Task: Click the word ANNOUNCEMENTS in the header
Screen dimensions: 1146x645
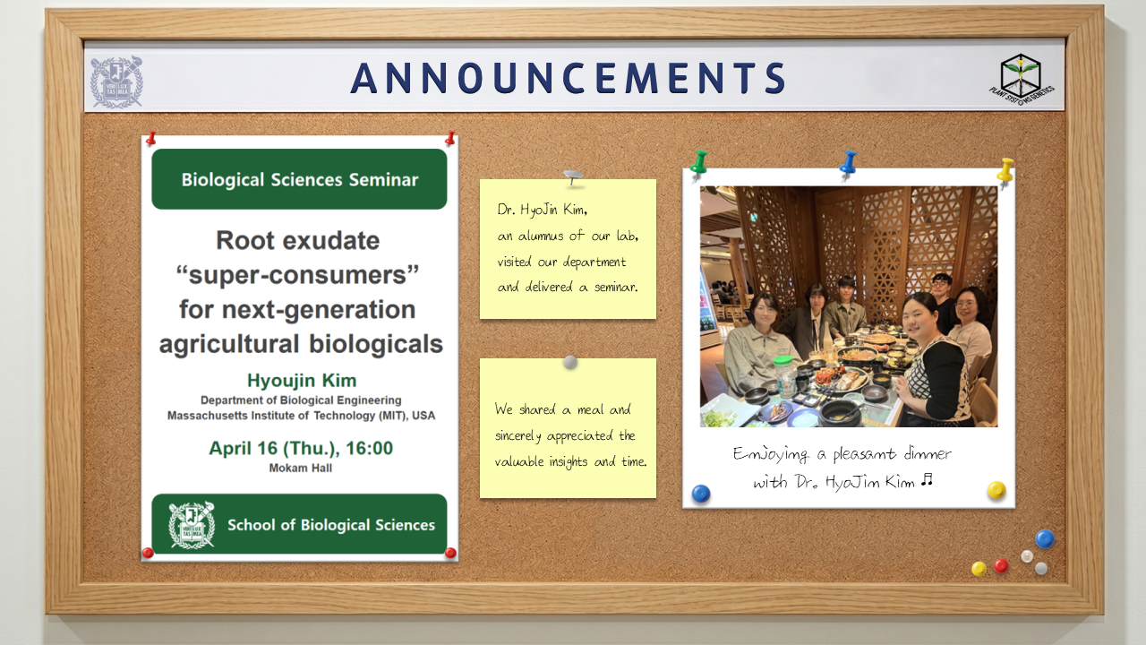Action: tap(569, 78)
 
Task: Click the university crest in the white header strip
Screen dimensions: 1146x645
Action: tap(116, 82)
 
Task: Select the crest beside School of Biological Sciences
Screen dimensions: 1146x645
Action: tap(192, 525)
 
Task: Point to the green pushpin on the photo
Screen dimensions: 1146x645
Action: tap(699, 164)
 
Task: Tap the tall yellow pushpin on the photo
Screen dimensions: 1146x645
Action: tap(1005, 171)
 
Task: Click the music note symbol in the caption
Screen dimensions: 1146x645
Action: tap(927, 480)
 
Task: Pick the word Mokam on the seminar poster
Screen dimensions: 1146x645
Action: tap(286, 468)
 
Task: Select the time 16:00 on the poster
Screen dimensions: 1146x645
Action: tap(370, 449)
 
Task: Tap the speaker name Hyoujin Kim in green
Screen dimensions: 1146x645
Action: tap(302, 381)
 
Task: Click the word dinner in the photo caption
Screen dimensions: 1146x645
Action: tap(928, 453)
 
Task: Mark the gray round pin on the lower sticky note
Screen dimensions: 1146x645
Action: tap(570, 363)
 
